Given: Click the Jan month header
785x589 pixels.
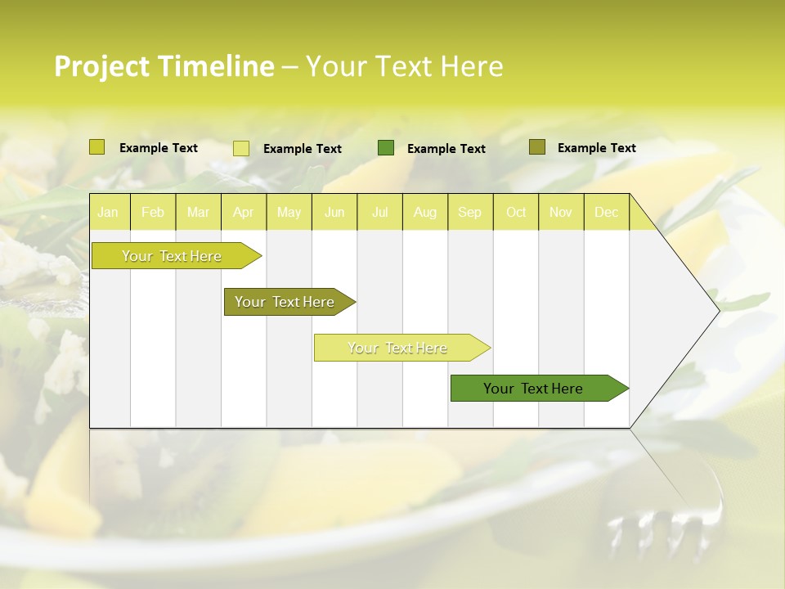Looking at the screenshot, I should click(108, 212).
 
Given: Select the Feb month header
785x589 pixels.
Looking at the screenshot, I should click(153, 212).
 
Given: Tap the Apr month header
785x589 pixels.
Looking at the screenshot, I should click(243, 212).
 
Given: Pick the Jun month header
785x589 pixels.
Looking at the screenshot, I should click(334, 212).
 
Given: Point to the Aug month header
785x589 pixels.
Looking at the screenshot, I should click(424, 212).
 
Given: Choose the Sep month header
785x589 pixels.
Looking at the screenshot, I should click(469, 212).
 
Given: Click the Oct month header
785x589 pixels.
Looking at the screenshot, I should click(516, 212).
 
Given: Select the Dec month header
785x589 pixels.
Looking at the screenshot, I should click(606, 212).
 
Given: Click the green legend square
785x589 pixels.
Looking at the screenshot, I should click(386, 148).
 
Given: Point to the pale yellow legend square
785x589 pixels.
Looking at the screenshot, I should click(241, 148).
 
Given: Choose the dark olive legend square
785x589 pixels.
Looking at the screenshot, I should click(536, 147).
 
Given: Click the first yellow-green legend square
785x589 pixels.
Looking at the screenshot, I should click(97, 147).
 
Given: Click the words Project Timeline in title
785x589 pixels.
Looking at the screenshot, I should click(164, 66).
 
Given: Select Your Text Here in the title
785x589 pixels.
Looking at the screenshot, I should click(405, 66).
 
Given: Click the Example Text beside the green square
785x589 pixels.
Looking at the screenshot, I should click(446, 149).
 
